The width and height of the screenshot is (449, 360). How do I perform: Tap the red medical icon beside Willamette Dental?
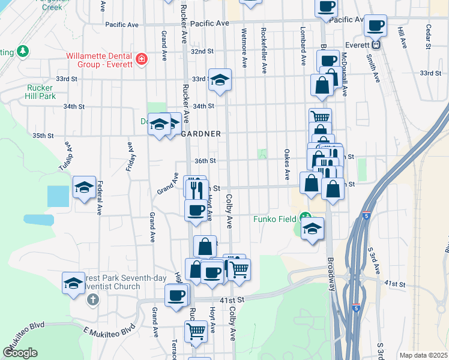142,59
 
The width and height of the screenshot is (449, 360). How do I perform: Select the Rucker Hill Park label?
41,91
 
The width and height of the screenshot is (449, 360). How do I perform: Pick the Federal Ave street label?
100,198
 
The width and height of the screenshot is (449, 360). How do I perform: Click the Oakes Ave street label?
287,165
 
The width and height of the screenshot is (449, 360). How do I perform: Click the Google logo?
20,353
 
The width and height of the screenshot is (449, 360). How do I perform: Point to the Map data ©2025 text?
423,355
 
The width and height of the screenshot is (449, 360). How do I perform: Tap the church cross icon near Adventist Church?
92,298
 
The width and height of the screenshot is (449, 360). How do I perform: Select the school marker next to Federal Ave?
84,188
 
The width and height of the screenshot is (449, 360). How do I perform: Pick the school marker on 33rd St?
220,80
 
